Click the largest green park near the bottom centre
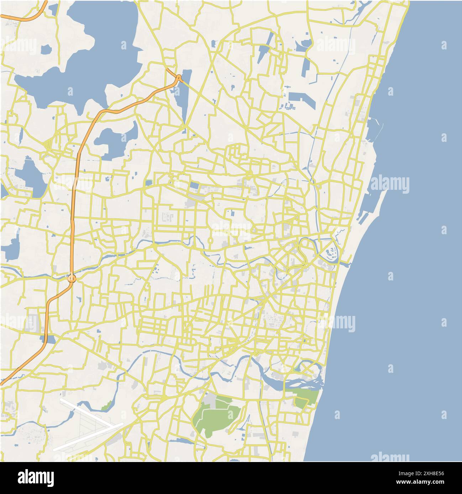216,415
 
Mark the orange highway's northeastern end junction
178,77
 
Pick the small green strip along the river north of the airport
106,405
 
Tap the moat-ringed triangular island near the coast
331,252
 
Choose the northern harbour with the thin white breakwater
374,128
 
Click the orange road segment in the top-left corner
25,16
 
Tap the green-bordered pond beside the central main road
149,183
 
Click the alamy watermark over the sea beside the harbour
390,184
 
